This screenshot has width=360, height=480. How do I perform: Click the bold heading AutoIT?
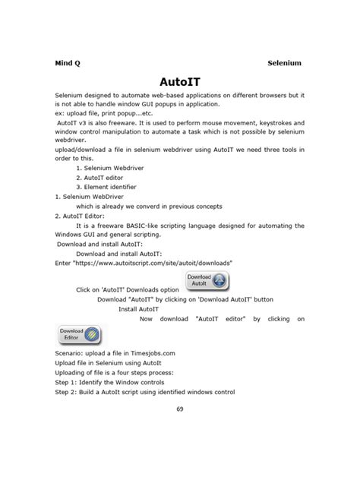point(180,81)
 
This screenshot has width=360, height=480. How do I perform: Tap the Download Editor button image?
point(79,335)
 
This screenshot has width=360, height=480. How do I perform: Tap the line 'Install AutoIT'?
point(138,309)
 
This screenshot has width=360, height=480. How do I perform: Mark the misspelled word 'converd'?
point(156,205)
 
